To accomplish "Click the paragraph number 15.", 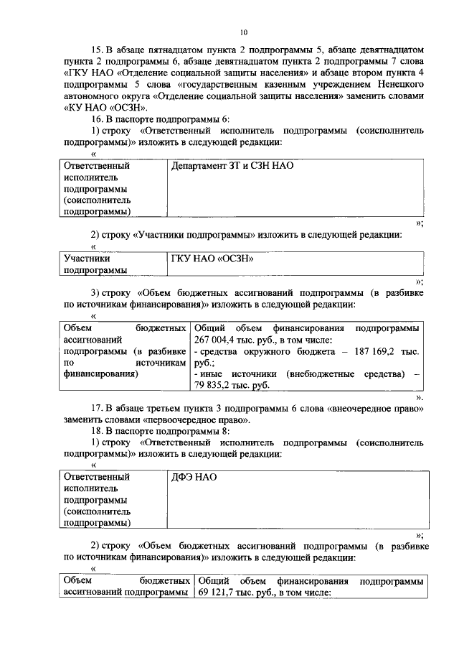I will (98, 50).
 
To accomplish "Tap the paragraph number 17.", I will (98, 409).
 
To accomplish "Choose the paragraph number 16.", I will (98, 119).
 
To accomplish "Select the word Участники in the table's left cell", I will (87, 259).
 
